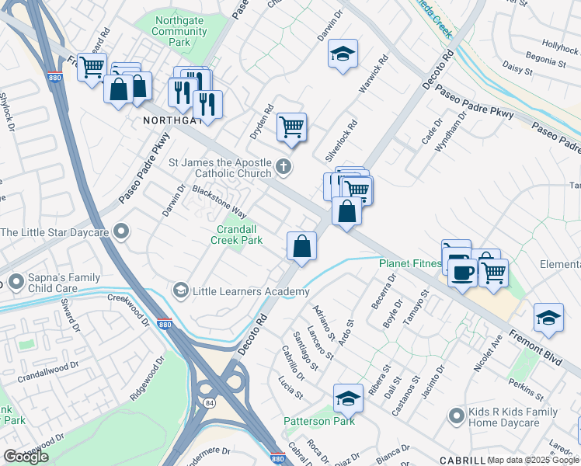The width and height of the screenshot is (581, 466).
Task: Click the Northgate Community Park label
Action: pos(180,32)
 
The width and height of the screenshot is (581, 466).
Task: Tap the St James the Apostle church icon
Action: pos(285,165)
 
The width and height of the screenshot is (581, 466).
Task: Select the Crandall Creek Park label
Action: pos(238,235)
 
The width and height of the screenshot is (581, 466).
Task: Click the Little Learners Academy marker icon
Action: pos(180,290)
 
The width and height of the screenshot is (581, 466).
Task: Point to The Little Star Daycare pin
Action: pos(120,231)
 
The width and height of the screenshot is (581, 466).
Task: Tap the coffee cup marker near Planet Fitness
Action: pos(462,273)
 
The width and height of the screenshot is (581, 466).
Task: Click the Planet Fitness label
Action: pos(409,263)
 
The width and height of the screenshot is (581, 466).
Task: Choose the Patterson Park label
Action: pos(318,421)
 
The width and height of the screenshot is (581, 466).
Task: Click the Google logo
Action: pos(26,457)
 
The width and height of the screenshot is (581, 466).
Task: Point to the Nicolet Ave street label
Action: pos(488,351)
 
